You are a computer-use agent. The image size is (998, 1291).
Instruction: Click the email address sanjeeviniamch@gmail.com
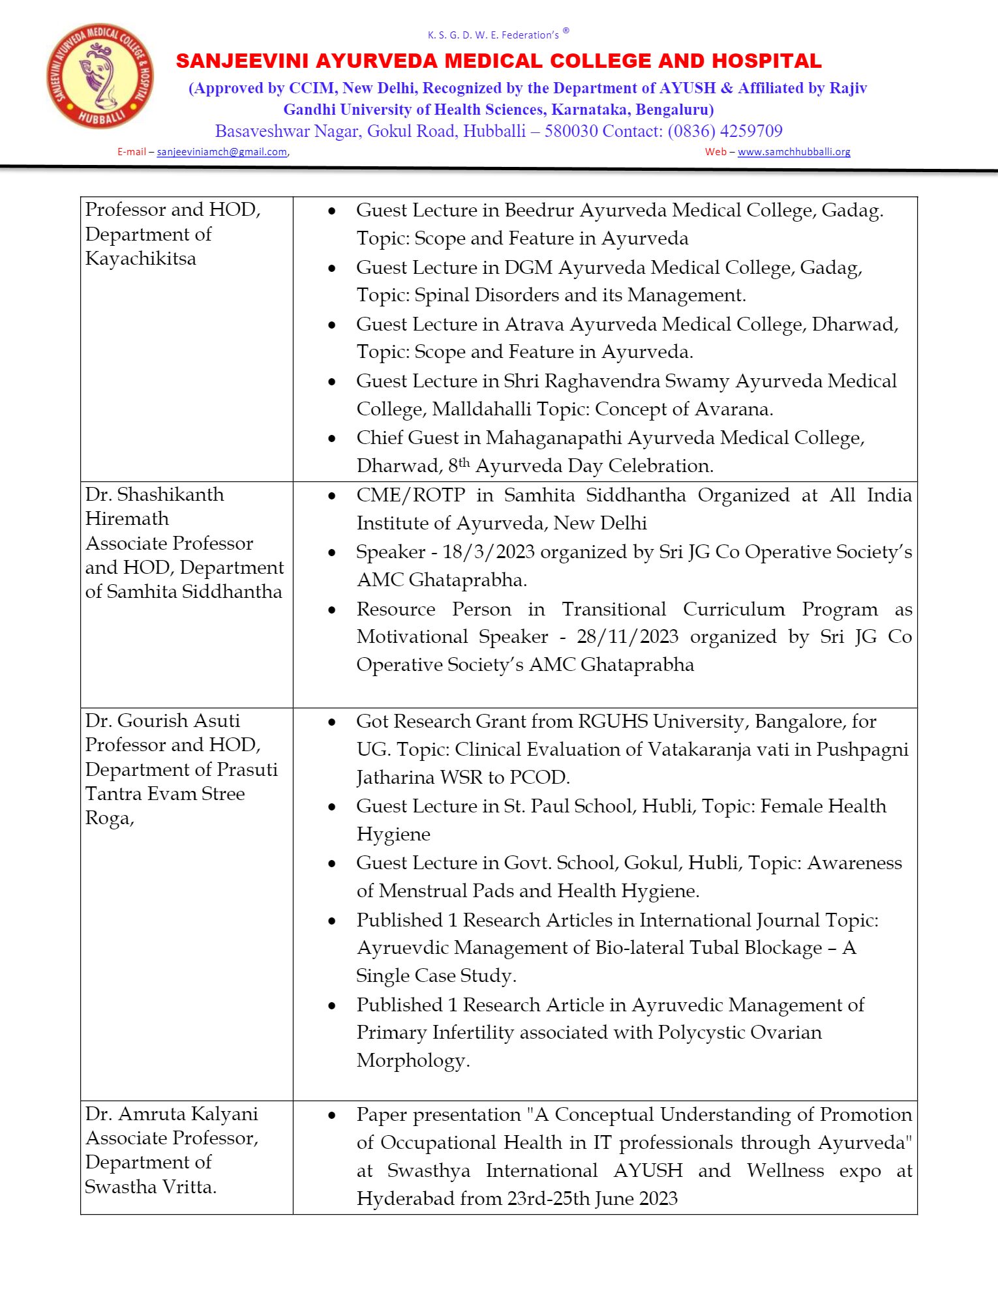222,152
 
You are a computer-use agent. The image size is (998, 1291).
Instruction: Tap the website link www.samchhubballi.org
794,152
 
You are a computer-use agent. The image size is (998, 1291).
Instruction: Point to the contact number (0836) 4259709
725,131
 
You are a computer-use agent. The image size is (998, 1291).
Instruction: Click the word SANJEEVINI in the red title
241,61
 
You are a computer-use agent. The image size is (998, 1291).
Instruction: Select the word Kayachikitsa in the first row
140,259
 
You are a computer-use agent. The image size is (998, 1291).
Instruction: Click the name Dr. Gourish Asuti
162,720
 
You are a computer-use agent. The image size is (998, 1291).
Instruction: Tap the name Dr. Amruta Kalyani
172,1114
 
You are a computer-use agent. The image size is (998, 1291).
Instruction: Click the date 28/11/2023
628,637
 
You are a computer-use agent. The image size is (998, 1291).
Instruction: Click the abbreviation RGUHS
613,722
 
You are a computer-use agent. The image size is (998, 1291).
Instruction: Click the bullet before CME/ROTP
332,496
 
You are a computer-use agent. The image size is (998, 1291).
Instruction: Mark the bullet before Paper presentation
332,1116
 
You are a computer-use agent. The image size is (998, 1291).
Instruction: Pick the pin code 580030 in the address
571,131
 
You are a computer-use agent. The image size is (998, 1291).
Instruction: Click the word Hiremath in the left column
127,519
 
